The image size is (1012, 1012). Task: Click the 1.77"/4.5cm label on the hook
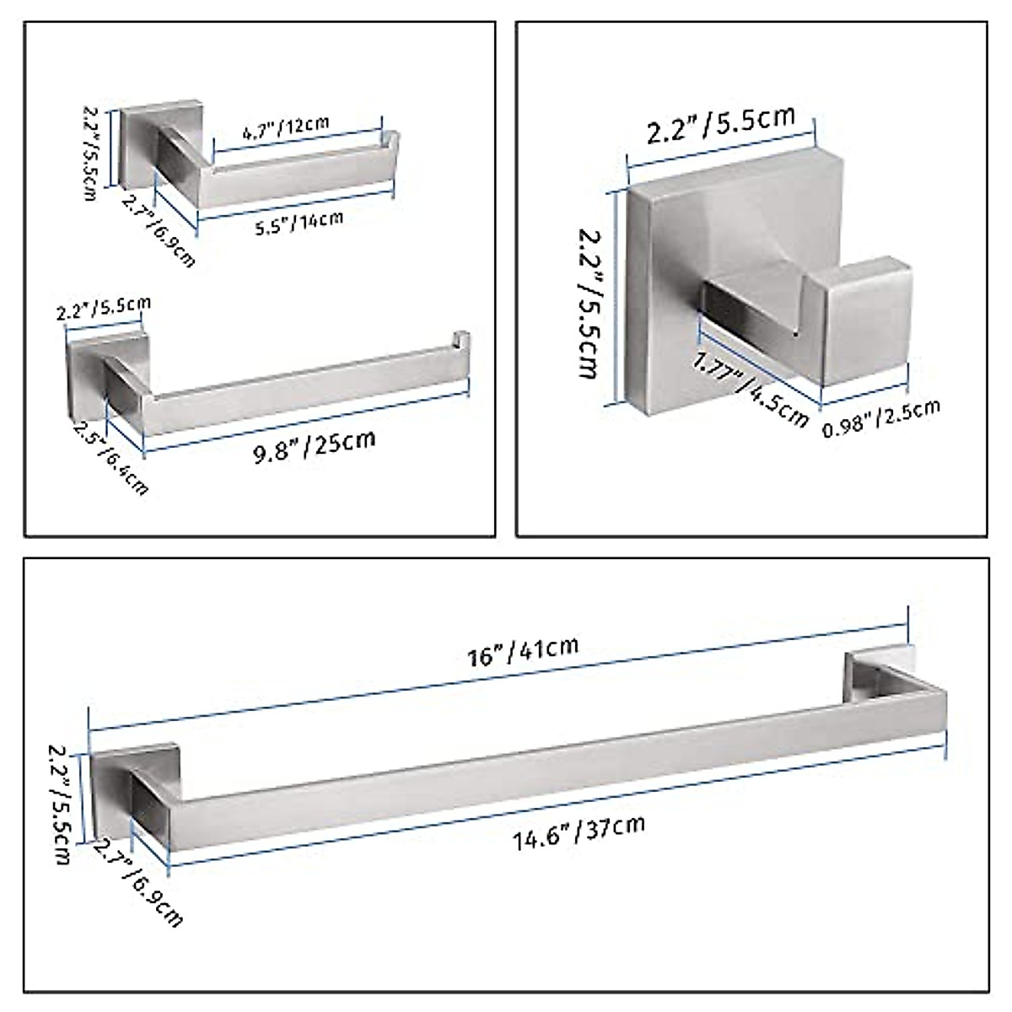(751, 390)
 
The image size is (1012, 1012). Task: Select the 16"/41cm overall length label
(524, 652)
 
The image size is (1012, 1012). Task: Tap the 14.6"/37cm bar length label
(579, 832)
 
